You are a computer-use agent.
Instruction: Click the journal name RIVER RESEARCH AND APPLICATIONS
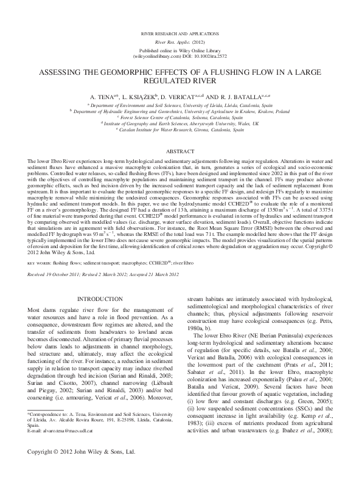181,29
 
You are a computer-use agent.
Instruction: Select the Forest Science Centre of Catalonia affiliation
181,117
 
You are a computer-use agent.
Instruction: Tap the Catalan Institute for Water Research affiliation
181,130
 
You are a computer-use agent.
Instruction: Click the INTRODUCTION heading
101,300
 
